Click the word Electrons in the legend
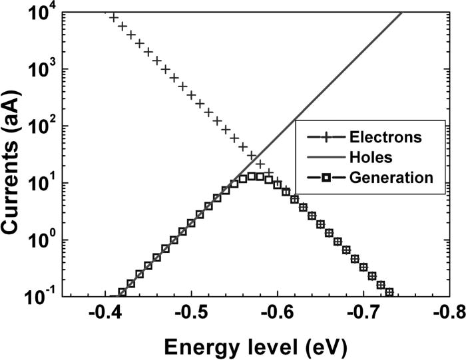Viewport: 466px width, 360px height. click(385, 138)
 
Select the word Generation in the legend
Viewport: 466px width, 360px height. click(391, 178)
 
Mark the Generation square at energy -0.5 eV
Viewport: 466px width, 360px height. click(191, 223)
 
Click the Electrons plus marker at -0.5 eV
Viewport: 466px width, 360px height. click(191, 96)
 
